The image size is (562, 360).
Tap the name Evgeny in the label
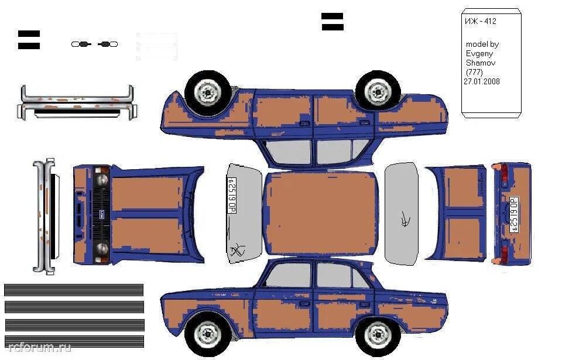479,53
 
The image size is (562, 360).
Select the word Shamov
479,63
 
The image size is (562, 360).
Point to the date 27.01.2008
482,82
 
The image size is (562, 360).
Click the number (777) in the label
474,72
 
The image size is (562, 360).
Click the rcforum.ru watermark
36,348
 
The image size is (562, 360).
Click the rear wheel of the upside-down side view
207,91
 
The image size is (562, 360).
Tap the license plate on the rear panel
514,214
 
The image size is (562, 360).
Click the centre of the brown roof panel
321,214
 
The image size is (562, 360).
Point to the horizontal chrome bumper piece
77,102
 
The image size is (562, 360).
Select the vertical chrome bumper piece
44,215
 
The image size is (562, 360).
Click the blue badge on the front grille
100,214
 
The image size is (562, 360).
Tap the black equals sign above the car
332,22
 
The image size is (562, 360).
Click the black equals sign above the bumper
29,40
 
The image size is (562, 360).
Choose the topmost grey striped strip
74,290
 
